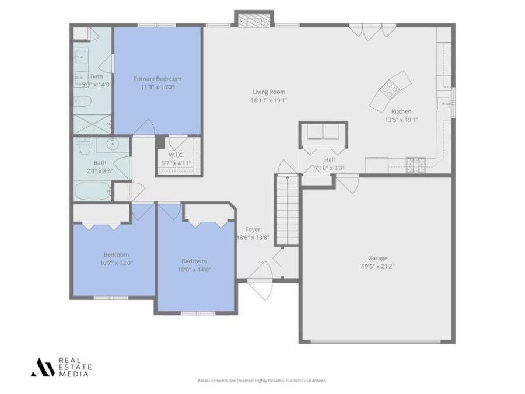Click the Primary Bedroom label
click(157, 79)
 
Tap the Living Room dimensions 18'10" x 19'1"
click(268, 100)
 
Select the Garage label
click(377, 258)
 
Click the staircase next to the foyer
click(286, 210)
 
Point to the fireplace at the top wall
click(253, 20)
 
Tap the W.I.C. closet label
click(176, 155)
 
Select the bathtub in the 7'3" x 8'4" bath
click(92, 190)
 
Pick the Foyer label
click(253, 229)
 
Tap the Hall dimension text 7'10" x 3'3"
click(330, 168)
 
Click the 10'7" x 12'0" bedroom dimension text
click(116, 263)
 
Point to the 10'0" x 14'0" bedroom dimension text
click(194, 269)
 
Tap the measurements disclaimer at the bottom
click(262, 380)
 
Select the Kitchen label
click(401, 111)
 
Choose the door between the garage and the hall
click(348, 184)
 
